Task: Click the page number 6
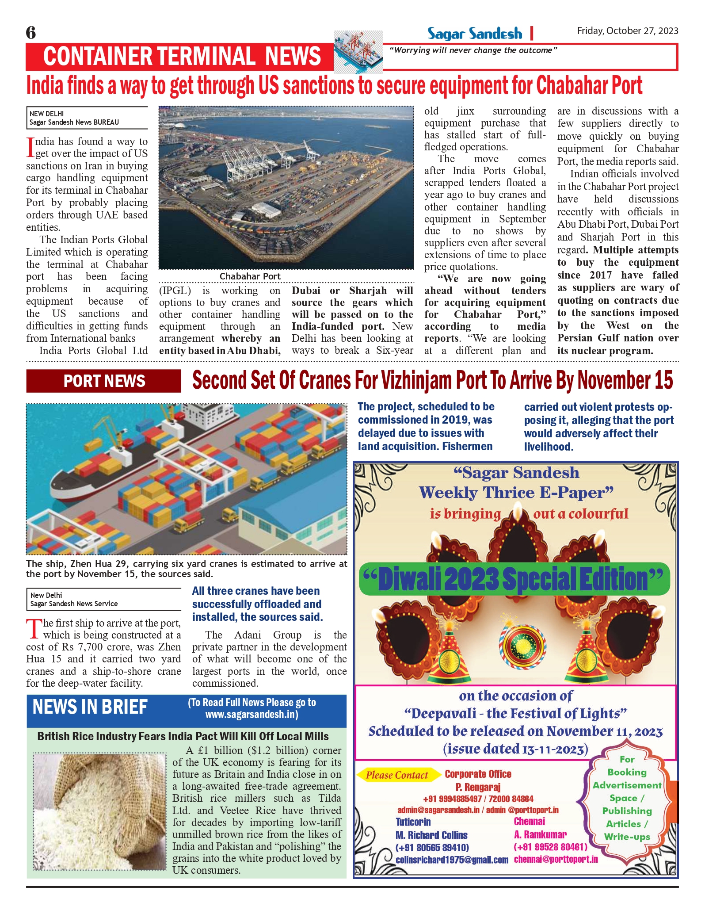31,33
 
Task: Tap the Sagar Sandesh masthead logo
474,34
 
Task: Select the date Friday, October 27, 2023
627,31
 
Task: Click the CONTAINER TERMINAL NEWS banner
182,57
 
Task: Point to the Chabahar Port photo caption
250,276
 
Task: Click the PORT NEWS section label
104,381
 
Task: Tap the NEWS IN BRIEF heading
90,707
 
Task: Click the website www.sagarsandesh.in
252,715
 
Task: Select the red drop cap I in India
30,147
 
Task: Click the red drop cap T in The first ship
34,629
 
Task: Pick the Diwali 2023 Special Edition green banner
514,579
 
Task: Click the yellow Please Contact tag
397,775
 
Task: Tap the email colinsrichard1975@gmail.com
452,860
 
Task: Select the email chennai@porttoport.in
556,860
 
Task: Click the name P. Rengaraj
478,787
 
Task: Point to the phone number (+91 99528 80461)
550,847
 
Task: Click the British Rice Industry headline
183,736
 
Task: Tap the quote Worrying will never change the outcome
473,50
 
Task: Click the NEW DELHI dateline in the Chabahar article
46,114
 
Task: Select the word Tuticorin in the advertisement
413,822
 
